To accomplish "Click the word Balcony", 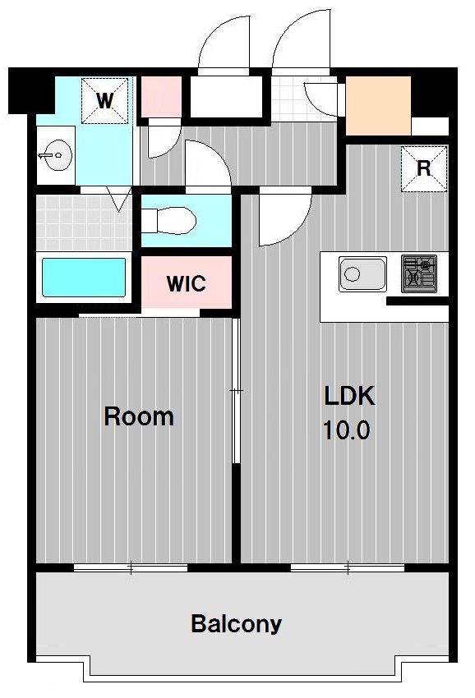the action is coord(236,624).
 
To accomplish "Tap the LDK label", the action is coord(349,396).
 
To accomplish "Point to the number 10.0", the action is coord(346,430).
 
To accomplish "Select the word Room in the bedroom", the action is coord(139,416).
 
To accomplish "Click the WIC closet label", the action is coord(187,283).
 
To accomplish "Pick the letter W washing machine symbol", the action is coord(104,101).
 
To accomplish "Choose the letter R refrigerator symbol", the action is coord(424,168).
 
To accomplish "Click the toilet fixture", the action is coord(168,220).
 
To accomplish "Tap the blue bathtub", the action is coord(84,278).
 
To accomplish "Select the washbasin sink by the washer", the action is coord(55,155).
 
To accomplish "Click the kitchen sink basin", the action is coord(362,274).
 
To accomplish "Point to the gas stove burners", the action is coord(419,273).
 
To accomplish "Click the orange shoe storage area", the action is coord(378,105).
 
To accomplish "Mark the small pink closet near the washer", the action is coord(161,97).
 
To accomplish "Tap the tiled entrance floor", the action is coord(304,99).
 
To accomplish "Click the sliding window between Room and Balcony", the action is coord(131,567).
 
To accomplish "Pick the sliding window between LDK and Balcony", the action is coord(348,567).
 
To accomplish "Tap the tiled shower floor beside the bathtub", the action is coord(84,223).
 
